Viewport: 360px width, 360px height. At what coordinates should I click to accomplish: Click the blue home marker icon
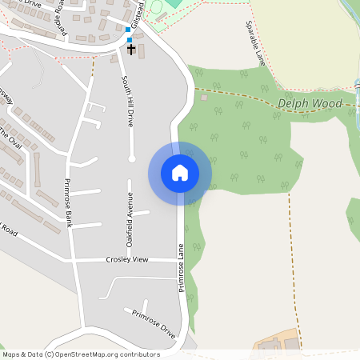click(180, 173)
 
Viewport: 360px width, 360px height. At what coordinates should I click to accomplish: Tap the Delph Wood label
click(310, 104)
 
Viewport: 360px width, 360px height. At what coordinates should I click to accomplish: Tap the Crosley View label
click(127, 260)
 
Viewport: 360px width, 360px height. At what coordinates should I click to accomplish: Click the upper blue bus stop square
click(128, 30)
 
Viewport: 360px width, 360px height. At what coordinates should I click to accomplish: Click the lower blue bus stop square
click(130, 39)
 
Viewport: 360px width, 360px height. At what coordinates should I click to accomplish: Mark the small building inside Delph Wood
click(204, 98)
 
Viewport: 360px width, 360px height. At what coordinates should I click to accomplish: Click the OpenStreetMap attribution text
click(81, 354)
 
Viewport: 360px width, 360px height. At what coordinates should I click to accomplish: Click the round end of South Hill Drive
click(132, 158)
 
